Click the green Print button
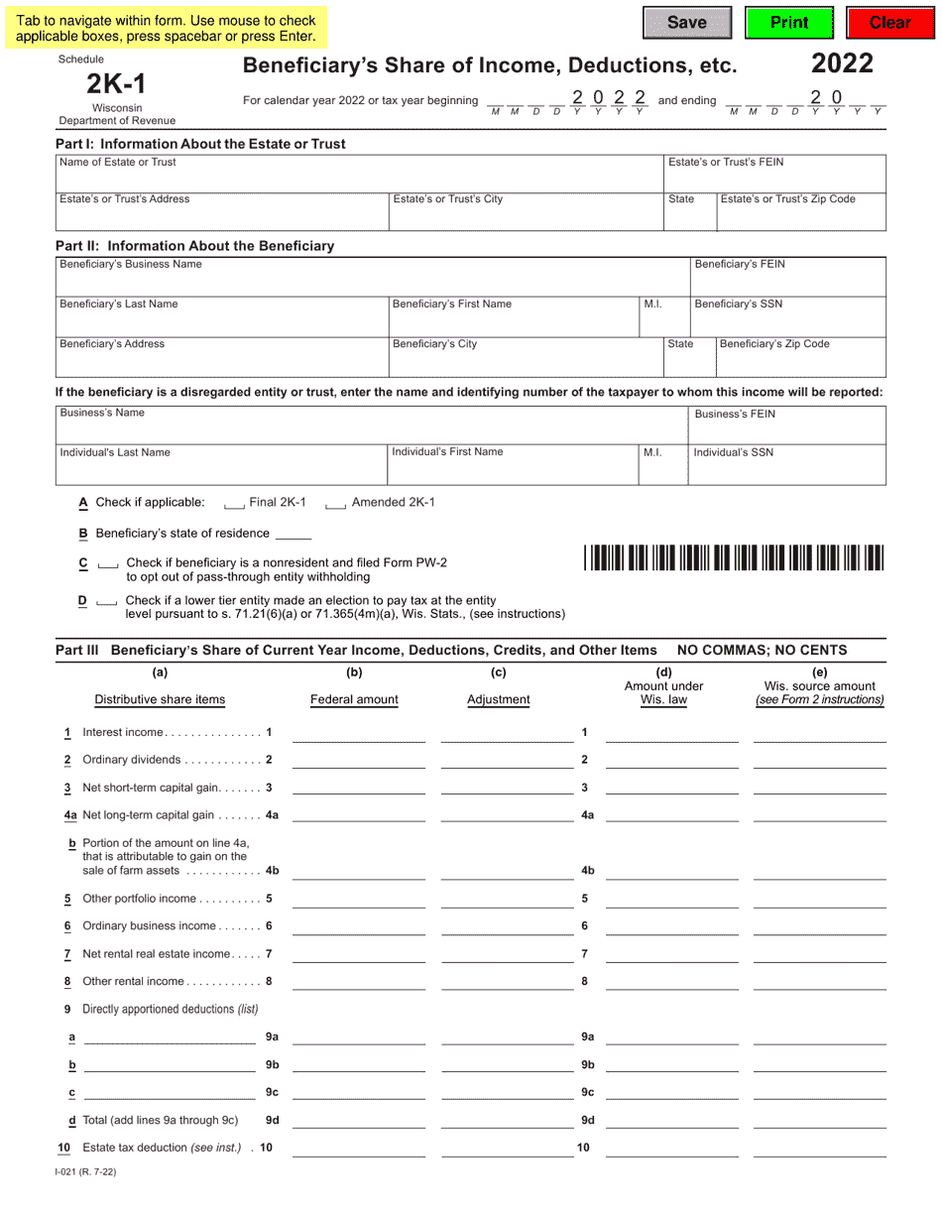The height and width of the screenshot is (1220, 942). pyautogui.click(x=788, y=23)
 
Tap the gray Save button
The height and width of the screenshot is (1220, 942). pyautogui.click(x=687, y=23)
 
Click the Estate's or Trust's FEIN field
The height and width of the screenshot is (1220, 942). pyautogui.click(x=774, y=177)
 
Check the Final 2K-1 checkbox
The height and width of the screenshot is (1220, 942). pyautogui.click(x=234, y=504)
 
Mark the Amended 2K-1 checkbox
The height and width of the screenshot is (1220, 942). pyautogui.click(x=335, y=504)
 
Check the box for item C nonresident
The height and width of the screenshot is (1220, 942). pyautogui.click(x=109, y=563)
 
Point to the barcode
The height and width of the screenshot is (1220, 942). pyautogui.click(x=734, y=557)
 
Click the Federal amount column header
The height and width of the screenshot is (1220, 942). pyautogui.click(x=354, y=699)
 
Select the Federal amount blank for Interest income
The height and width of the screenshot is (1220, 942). pyautogui.click(x=359, y=733)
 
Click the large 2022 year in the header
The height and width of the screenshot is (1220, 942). pyautogui.click(x=842, y=64)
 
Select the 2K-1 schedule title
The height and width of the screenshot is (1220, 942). pyautogui.click(x=116, y=84)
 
